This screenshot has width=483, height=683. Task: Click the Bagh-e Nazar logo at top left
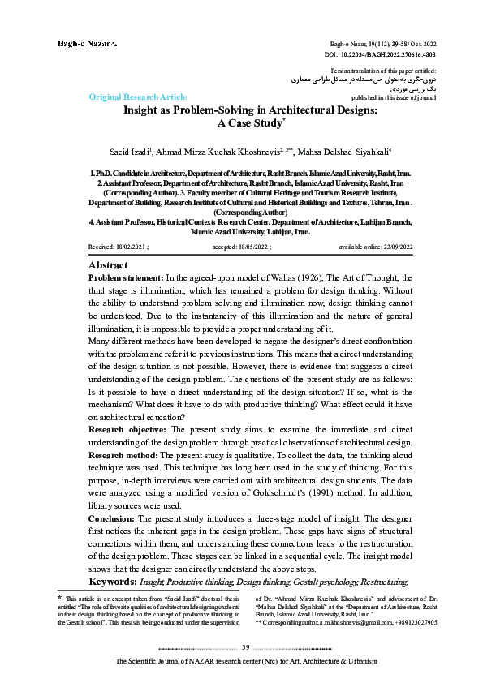coord(86,41)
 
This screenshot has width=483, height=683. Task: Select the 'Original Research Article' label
coord(137,97)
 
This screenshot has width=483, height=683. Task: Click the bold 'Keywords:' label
coord(113,582)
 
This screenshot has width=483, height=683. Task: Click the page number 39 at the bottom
coord(245,646)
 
